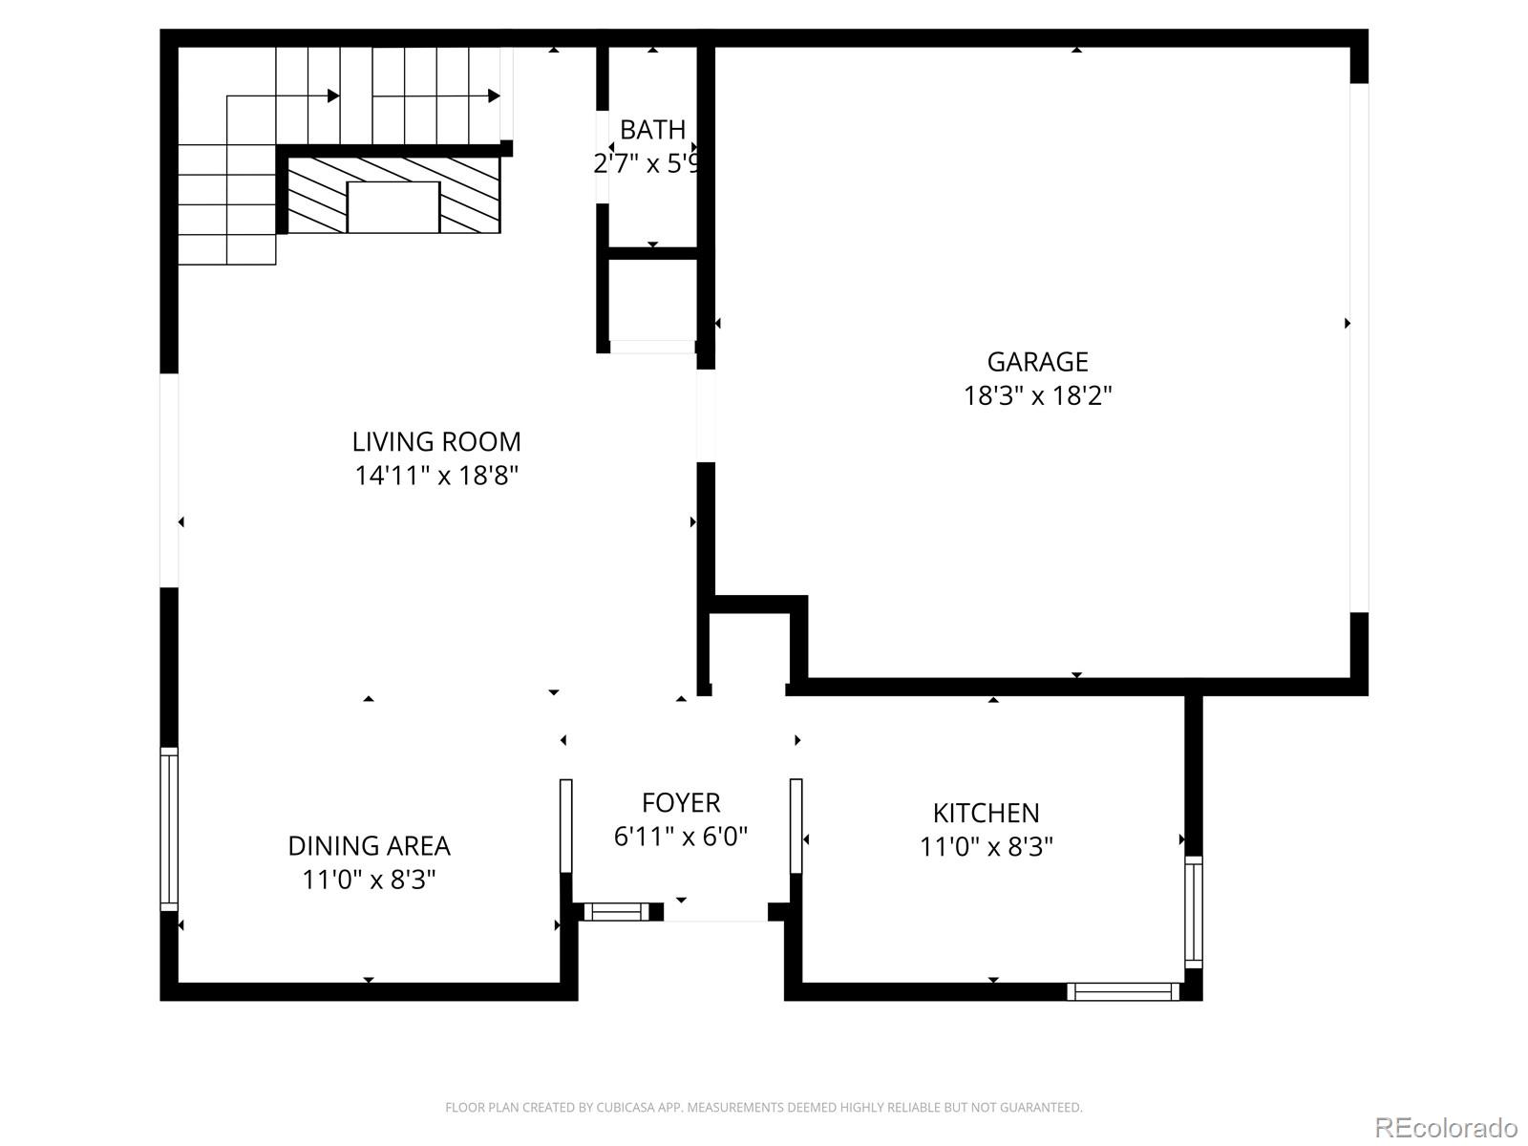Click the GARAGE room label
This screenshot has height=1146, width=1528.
(x=1037, y=362)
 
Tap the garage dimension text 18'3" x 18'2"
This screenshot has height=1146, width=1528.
(x=1037, y=395)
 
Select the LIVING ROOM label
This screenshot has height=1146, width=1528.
(x=436, y=442)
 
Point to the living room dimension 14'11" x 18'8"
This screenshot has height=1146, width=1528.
(x=436, y=476)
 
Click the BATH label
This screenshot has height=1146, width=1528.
(x=652, y=130)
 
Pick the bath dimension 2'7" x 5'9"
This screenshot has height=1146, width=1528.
(x=648, y=164)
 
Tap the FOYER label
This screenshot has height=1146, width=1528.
(x=681, y=803)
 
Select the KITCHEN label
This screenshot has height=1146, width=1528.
(x=986, y=814)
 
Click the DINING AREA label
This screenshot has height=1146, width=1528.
(x=369, y=846)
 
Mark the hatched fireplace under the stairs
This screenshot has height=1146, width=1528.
(x=393, y=196)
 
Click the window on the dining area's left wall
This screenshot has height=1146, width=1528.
(x=169, y=828)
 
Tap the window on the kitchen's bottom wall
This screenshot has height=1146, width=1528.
(x=1122, y=991)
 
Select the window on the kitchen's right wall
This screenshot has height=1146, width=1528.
(x=1193, y=912)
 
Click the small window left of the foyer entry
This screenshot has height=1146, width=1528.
(x=616, y=912)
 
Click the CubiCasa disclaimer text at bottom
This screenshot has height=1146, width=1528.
(x=763, y=1108)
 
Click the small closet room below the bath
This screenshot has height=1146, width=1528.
(x=652, y=298)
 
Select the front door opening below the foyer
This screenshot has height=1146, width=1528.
(x=716, y=915)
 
